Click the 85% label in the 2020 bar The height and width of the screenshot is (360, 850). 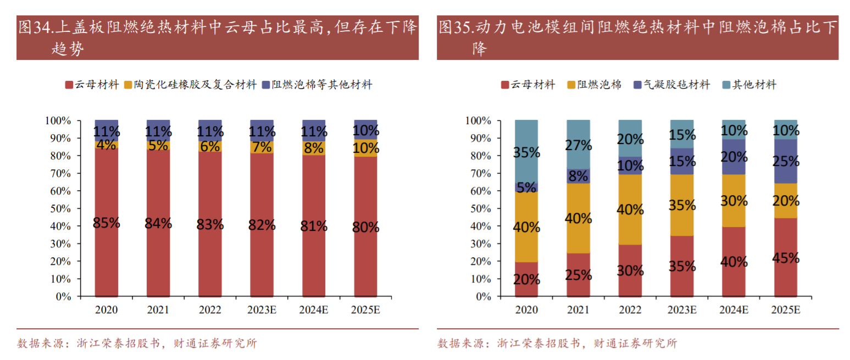(x=107, y=224)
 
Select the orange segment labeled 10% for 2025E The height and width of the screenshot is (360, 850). (x=366, y=148)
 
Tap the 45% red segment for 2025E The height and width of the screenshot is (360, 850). (x=785, y=257)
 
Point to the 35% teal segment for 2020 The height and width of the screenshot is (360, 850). (x=526, y=152)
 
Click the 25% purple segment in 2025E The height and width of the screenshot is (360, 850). (x=785, y=161)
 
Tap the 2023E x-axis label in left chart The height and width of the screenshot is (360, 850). (x=262, y=310)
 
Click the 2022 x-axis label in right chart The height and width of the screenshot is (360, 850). (x=630, y=310)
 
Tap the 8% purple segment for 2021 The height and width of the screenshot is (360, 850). (x=578, y=176)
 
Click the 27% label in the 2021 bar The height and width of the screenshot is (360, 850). (x=578, y=145)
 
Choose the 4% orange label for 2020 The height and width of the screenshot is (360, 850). (x=107, y=145)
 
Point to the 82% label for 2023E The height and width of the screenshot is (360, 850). (x=262, y=225)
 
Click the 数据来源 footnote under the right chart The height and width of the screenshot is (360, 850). (x=557, y=344)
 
